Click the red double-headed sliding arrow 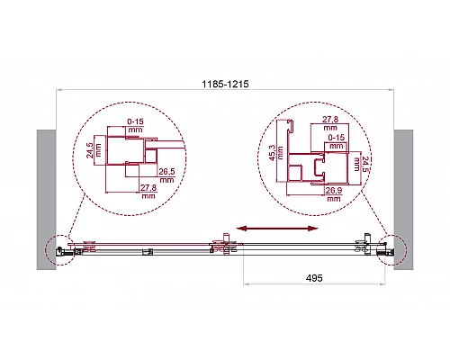pyautogui.click(x=275, y=230)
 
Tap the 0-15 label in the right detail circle pyautogui.click(x=336, y=138)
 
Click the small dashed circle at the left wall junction pyautogui.click(x=56, y=249)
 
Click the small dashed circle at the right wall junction pyautogui.click(x=392, y=249)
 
